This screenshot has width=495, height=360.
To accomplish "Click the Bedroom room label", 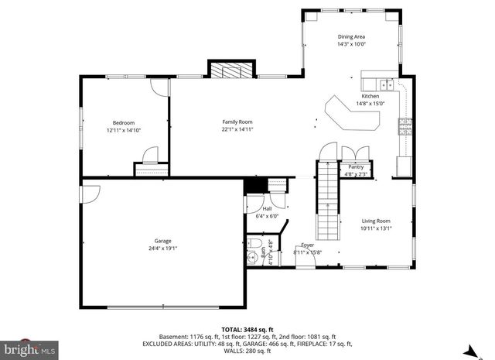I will coord(124,122).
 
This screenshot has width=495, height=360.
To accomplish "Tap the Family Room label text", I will coord(237,122).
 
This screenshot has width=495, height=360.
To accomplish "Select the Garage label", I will coord(162,241).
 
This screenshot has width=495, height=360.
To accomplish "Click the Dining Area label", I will coord(351,36).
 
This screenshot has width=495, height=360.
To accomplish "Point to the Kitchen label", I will coord(370,96).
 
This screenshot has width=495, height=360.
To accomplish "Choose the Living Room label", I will coord(376,221).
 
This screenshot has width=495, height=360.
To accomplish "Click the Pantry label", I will coord(356,167).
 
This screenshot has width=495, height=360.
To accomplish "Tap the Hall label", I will coord(267,208).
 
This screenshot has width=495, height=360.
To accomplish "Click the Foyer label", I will coord(308,245).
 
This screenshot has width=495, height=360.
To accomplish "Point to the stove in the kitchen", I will coord(405,126).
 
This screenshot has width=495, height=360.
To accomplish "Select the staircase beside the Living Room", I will coord(329,201).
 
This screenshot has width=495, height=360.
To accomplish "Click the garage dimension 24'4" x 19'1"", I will coord(162,249).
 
